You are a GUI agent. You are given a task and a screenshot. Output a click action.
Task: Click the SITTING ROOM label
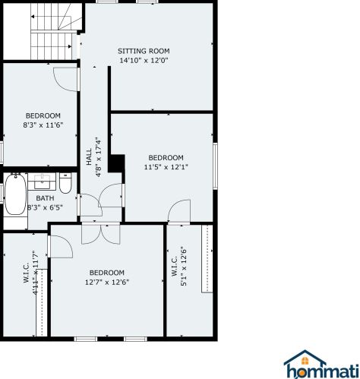click(x=144, y=51)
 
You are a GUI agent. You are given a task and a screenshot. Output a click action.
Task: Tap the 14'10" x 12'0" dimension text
click(x=144, y=61)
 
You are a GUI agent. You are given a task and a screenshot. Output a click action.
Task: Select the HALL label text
click(x=89, y=157)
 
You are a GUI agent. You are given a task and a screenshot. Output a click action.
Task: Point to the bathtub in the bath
click(x=15, y=194)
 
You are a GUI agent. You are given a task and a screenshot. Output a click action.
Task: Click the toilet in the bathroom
click(x=65, y=183)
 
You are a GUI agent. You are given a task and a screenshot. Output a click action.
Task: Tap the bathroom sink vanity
click(x=42, y=182)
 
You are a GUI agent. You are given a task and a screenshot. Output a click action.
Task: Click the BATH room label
click(x=45, y=198)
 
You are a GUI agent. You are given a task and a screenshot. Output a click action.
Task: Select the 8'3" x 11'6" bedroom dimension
click(x=43, y=125)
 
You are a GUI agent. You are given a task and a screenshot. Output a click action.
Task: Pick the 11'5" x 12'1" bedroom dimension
click(x=166, y=167)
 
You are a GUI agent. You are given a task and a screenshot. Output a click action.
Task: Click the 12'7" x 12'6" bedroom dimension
click(x=107, y=282)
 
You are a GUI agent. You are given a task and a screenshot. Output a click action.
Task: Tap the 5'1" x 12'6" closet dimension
click(x=184, y=267)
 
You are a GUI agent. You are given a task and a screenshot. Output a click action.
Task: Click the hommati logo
click(x=321, y=364)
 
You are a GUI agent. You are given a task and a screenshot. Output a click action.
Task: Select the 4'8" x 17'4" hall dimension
click(x=99, y=157)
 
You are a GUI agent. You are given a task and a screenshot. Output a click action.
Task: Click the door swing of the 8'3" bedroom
click(x=66, y=79)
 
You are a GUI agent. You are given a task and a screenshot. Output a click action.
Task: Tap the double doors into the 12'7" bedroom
click(x=101, y=234)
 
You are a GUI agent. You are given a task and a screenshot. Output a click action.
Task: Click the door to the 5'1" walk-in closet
click(x=179, y=211)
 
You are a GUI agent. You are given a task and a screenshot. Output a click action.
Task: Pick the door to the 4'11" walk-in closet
click(x=62, y=246)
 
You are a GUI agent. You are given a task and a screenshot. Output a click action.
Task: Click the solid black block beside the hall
click(x=116, y=163)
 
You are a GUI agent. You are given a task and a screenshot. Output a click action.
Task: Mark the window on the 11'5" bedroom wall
click(x=215, y=166)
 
